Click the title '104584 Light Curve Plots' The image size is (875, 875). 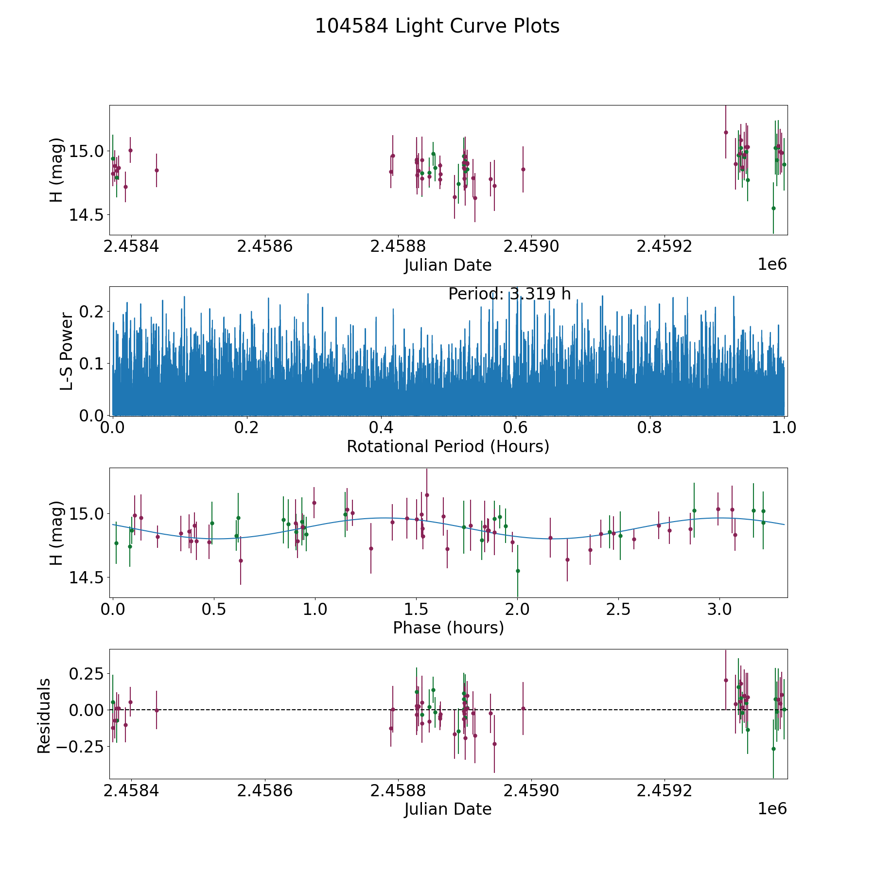(x=437, y=26)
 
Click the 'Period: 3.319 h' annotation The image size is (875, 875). (x=509, y=294)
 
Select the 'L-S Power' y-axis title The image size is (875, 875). (x=67, y=351)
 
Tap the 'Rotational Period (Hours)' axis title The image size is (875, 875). (x=448, y=446)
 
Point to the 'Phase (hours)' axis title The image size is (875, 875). (x=448, y=628)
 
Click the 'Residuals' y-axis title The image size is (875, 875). (x=44, y=716)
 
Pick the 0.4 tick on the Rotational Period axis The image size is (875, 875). (x=381, y=428)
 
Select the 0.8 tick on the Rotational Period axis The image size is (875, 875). (x=650, y=428)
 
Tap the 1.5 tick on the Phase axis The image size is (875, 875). (x=416, y=610)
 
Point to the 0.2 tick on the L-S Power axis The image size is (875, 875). (x=92, y=311)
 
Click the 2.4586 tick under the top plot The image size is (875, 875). (x=264, y=246)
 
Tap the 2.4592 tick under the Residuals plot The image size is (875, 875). (x=664, y=791)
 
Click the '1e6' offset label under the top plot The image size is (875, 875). (x=772, y=265)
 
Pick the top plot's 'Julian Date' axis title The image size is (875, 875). (x=448, y=265)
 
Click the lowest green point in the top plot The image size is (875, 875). (x=773, y=208)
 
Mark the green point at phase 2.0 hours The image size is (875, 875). (x=518, y=571)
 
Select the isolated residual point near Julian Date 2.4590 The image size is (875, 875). (x=523, y=708)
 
